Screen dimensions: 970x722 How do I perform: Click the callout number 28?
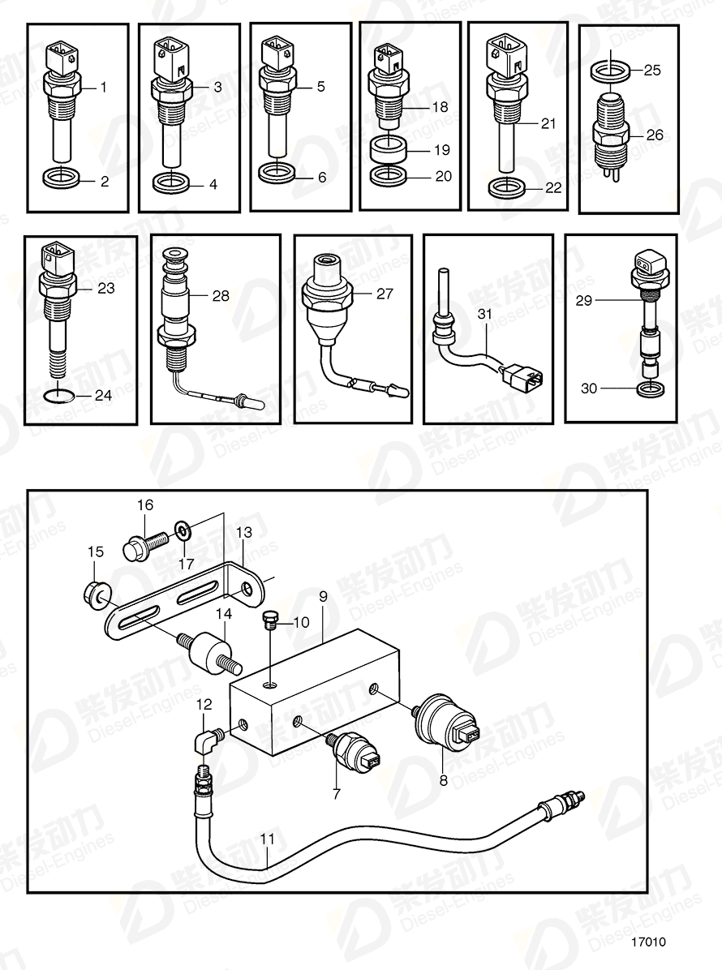221,296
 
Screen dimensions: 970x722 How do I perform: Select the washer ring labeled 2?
61,177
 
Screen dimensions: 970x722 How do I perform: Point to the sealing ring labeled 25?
606,71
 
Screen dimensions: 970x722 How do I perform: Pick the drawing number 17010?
649,942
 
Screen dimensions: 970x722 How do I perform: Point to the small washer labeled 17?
185,531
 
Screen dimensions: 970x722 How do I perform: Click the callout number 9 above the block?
322,597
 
